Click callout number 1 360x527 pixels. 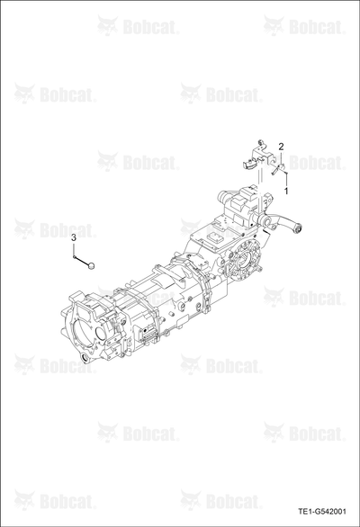[286, 192]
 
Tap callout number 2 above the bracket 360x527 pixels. [281, 147]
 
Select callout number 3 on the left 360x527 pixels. [74, 238]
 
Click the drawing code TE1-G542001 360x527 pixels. [322, 512]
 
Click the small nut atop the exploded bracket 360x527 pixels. [260, 142]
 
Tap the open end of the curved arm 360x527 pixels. [298, 229]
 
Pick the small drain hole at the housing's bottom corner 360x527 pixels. [85, 357]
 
